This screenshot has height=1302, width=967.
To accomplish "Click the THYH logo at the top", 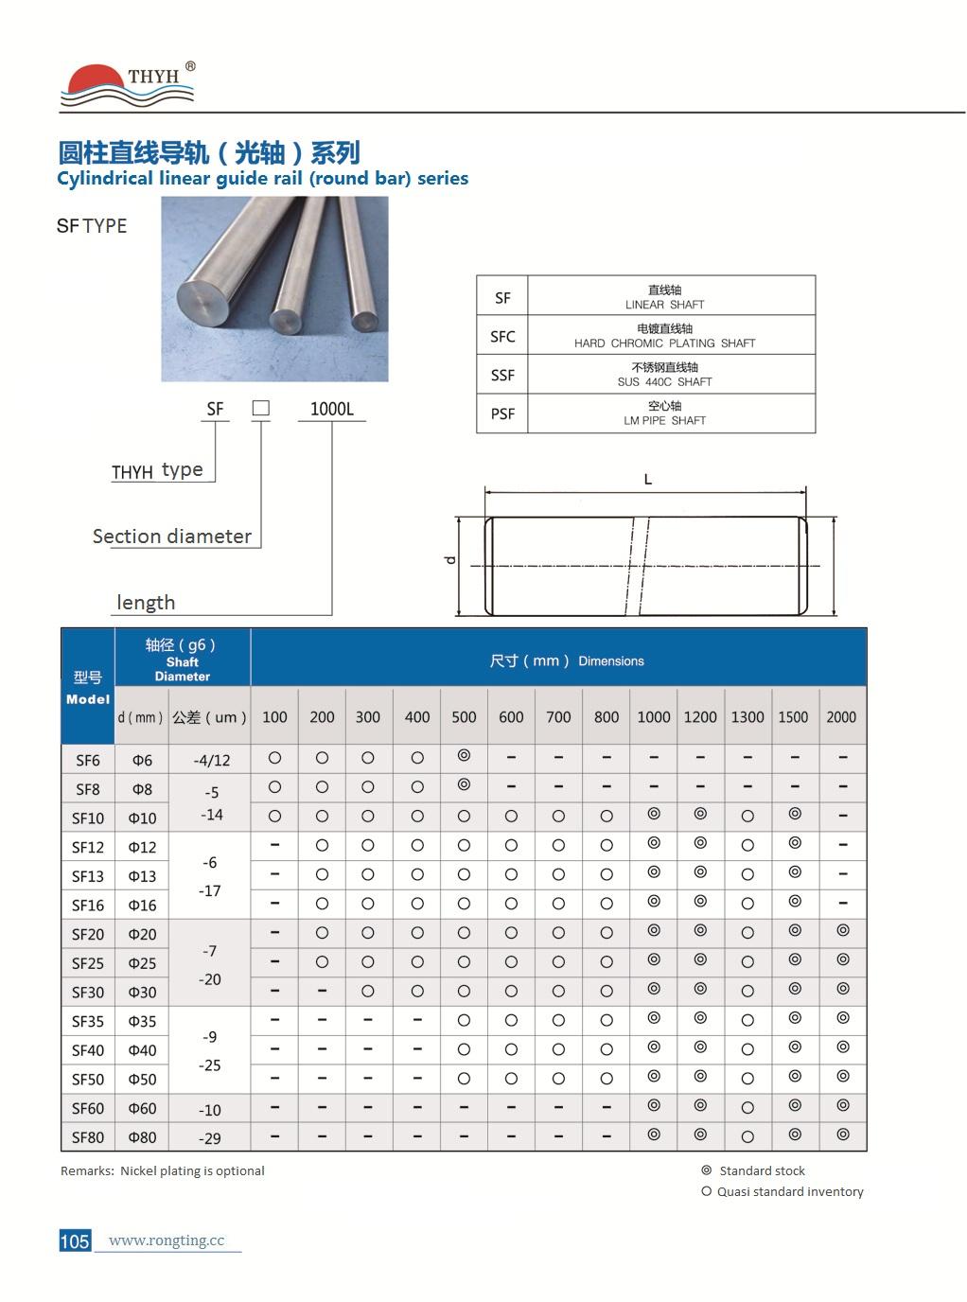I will pos(129,83).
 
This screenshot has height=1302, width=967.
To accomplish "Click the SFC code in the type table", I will pos(502,336).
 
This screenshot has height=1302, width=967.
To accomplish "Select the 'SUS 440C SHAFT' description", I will pos(664,381).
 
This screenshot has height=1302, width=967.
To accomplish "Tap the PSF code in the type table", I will pos(502,413).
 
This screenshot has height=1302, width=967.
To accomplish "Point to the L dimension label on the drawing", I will pos(648,480).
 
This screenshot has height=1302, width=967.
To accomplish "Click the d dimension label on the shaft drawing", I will pos(450,560).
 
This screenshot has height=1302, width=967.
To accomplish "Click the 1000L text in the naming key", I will pos(331,409).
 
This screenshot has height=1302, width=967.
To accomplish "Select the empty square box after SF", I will pos(261,408).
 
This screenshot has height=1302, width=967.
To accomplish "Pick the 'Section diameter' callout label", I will pos(172,537).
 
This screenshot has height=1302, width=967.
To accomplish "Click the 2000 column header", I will pos(841,717).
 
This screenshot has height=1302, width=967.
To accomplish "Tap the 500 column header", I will pos(464,717).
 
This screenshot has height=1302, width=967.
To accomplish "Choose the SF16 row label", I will pos(88,906).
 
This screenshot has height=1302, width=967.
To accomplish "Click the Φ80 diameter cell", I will pos(142,1137).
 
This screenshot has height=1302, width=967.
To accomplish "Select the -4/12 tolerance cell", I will pos(211,760).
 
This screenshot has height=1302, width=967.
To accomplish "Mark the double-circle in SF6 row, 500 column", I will pos(464,756).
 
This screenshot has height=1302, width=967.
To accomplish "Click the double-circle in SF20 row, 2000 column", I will pos(843,931).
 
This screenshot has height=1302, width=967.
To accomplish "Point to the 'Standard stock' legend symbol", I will pos(706,1170).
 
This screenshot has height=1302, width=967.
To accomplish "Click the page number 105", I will pos(75,1240).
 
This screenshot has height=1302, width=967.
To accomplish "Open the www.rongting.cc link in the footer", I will pos(167,1240).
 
